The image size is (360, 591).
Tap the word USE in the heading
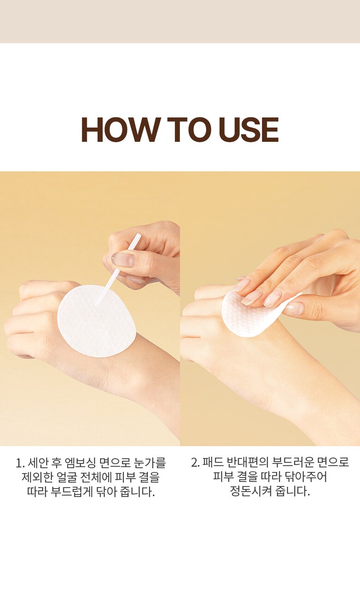tap(249, 129)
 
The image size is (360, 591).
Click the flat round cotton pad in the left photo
tap(96, 321)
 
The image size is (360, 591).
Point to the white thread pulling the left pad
tap(118, 269)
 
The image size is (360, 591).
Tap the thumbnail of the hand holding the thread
tap(123, 260)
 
